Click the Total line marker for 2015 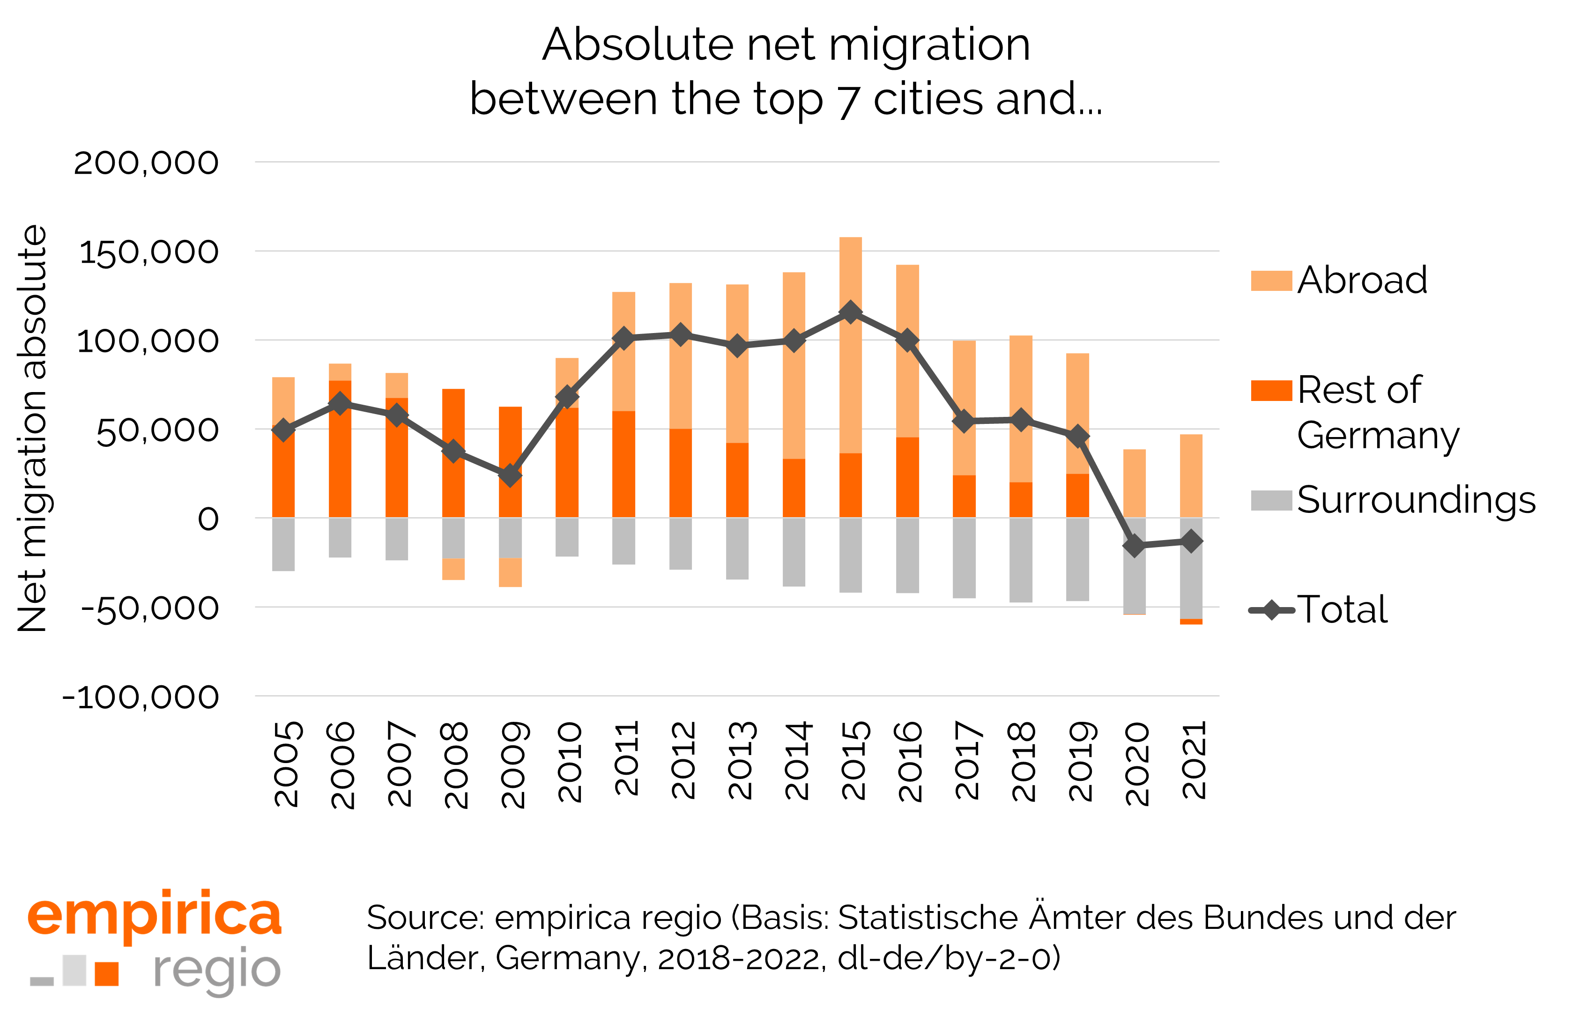tap(851, 312)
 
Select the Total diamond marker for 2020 tap(1134, 546)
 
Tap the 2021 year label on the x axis tap(1193, 760)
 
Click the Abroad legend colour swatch tap(1271, 281)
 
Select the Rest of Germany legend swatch tap(1271, 391)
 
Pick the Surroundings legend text tap(1416, 500)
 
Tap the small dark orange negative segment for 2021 tap(1191, 622)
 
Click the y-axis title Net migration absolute tap(33, 428)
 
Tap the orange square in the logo tap(107, 973)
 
